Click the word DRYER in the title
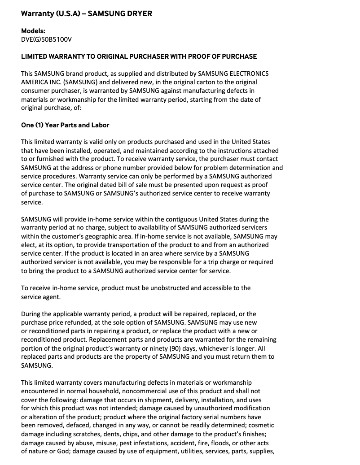[x=138, y=13]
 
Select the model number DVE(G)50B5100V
[x=46, y=39]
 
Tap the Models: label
[x=33, y=31]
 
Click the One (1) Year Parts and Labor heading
[x=65, y=125]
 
